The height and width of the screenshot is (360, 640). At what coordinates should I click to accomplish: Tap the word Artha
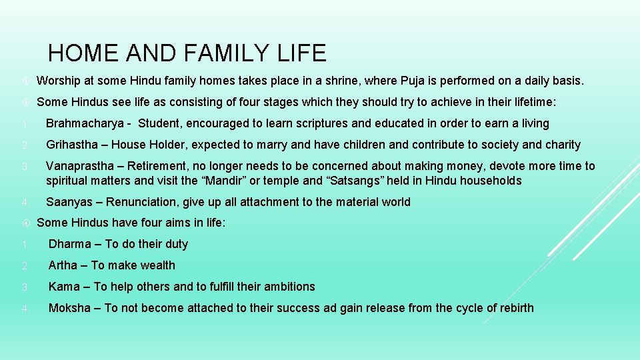pos(63,265)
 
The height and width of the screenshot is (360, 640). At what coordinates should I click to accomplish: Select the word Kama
pos(64,287)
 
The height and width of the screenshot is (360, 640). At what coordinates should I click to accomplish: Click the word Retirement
pos(160,166)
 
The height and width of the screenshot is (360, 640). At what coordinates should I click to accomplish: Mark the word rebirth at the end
pos(513,308)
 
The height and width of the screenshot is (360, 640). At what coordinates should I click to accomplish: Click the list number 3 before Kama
pos(24,287)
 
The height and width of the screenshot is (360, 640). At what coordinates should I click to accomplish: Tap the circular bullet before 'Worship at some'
pos(24,81)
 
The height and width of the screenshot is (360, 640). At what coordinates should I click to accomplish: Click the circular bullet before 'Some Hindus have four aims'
pos(24,223)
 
